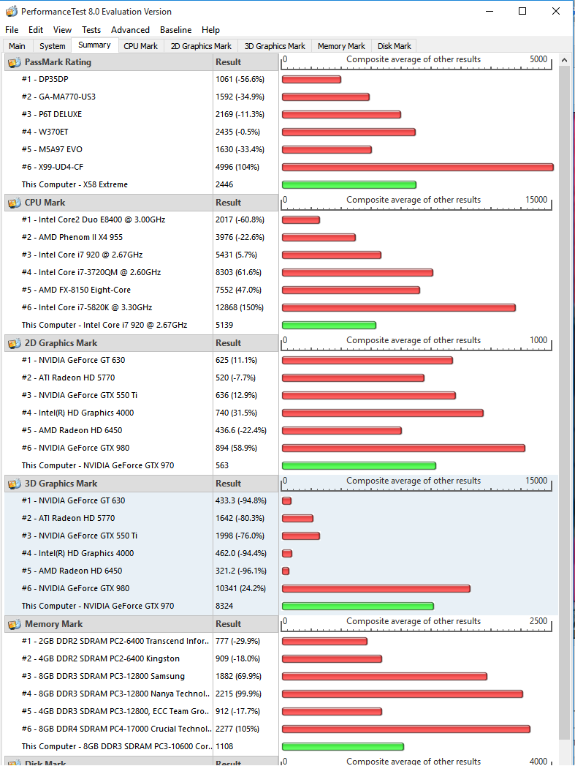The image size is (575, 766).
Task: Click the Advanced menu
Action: point(130,30)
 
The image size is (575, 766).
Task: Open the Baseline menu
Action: point(175,30)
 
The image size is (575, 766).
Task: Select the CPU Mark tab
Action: point(140,46)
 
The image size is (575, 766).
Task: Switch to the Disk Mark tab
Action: point(394,46)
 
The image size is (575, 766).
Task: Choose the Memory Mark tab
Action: point(341,46)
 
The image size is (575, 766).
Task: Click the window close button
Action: point(556,11)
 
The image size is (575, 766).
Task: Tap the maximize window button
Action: point(522,11)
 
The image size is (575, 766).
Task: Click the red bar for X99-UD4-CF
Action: point(417,168)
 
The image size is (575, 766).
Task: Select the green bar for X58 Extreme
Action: point(349,185)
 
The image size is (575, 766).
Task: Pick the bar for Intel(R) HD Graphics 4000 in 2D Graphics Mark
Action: point(382,413)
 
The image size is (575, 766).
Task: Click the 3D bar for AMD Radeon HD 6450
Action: point(286,571)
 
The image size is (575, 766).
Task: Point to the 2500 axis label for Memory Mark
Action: point(538,621)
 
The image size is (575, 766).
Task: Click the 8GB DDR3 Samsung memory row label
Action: point(103,676)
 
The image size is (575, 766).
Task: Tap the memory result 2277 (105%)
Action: point(237,729)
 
